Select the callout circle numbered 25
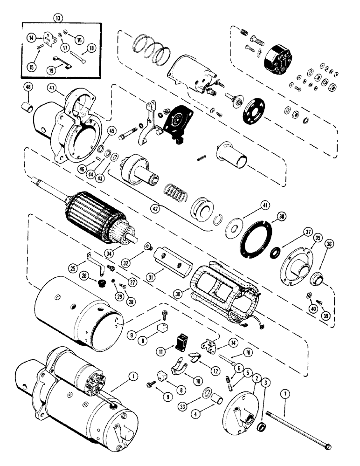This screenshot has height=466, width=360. click(73, 268)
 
